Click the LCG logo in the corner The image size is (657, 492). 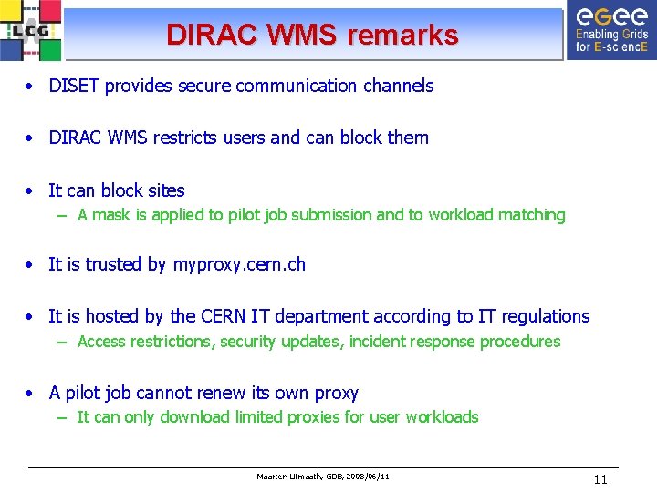(32, 30)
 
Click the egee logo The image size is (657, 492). (610, 30)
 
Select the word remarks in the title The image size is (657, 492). (399, 35)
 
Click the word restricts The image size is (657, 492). (186, 138)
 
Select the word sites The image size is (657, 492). (165, 190)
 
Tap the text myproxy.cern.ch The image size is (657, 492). (238, 264)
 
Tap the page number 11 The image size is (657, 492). (600, 479)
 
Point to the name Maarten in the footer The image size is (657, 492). (272, 477)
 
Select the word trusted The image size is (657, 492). (114, 264)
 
